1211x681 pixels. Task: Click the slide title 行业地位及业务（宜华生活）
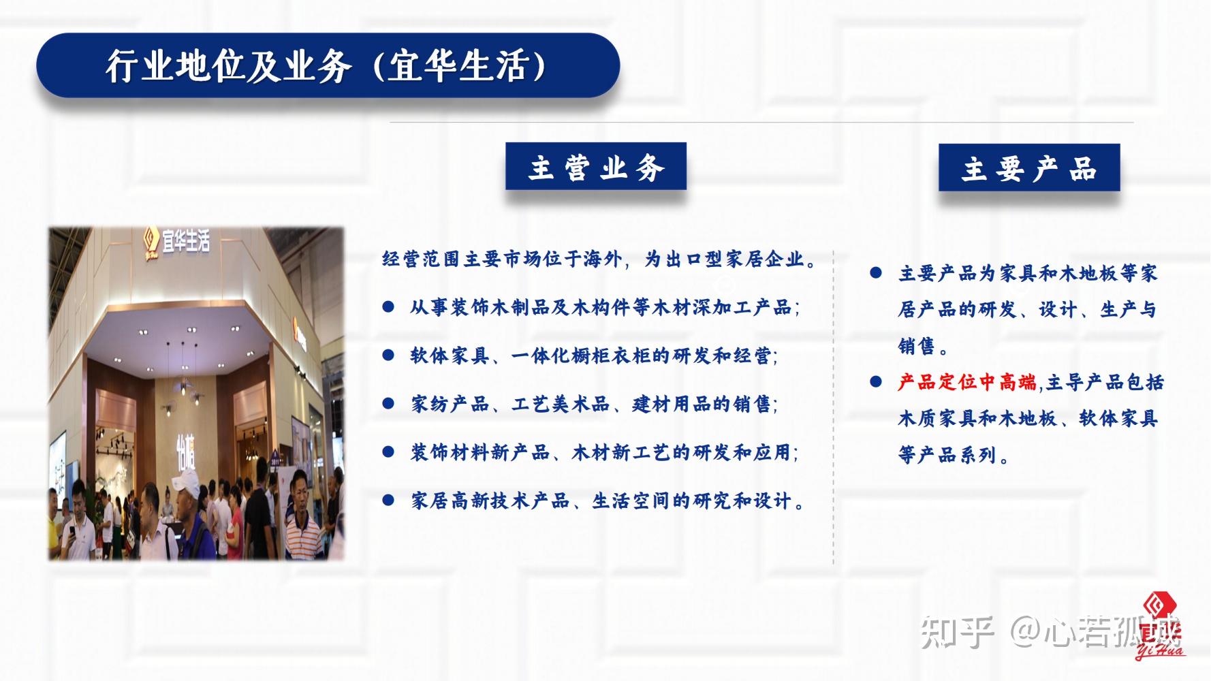coord(328,66)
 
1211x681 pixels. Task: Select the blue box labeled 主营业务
coord(595,166)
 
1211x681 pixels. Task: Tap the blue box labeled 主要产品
coord(1029,168)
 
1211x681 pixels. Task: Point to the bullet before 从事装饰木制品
coord(388,307)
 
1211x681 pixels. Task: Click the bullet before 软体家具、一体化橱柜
coord(388,355)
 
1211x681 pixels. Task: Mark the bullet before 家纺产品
coord(388,404)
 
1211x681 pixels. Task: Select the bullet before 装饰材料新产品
coord(388,452)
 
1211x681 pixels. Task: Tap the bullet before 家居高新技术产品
coord(388,501)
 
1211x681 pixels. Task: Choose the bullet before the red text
coord(876,382)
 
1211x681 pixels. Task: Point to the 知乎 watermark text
coord(957,631)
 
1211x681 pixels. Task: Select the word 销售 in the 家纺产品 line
coord(752,404)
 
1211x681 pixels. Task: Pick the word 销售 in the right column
coord(917,346)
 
